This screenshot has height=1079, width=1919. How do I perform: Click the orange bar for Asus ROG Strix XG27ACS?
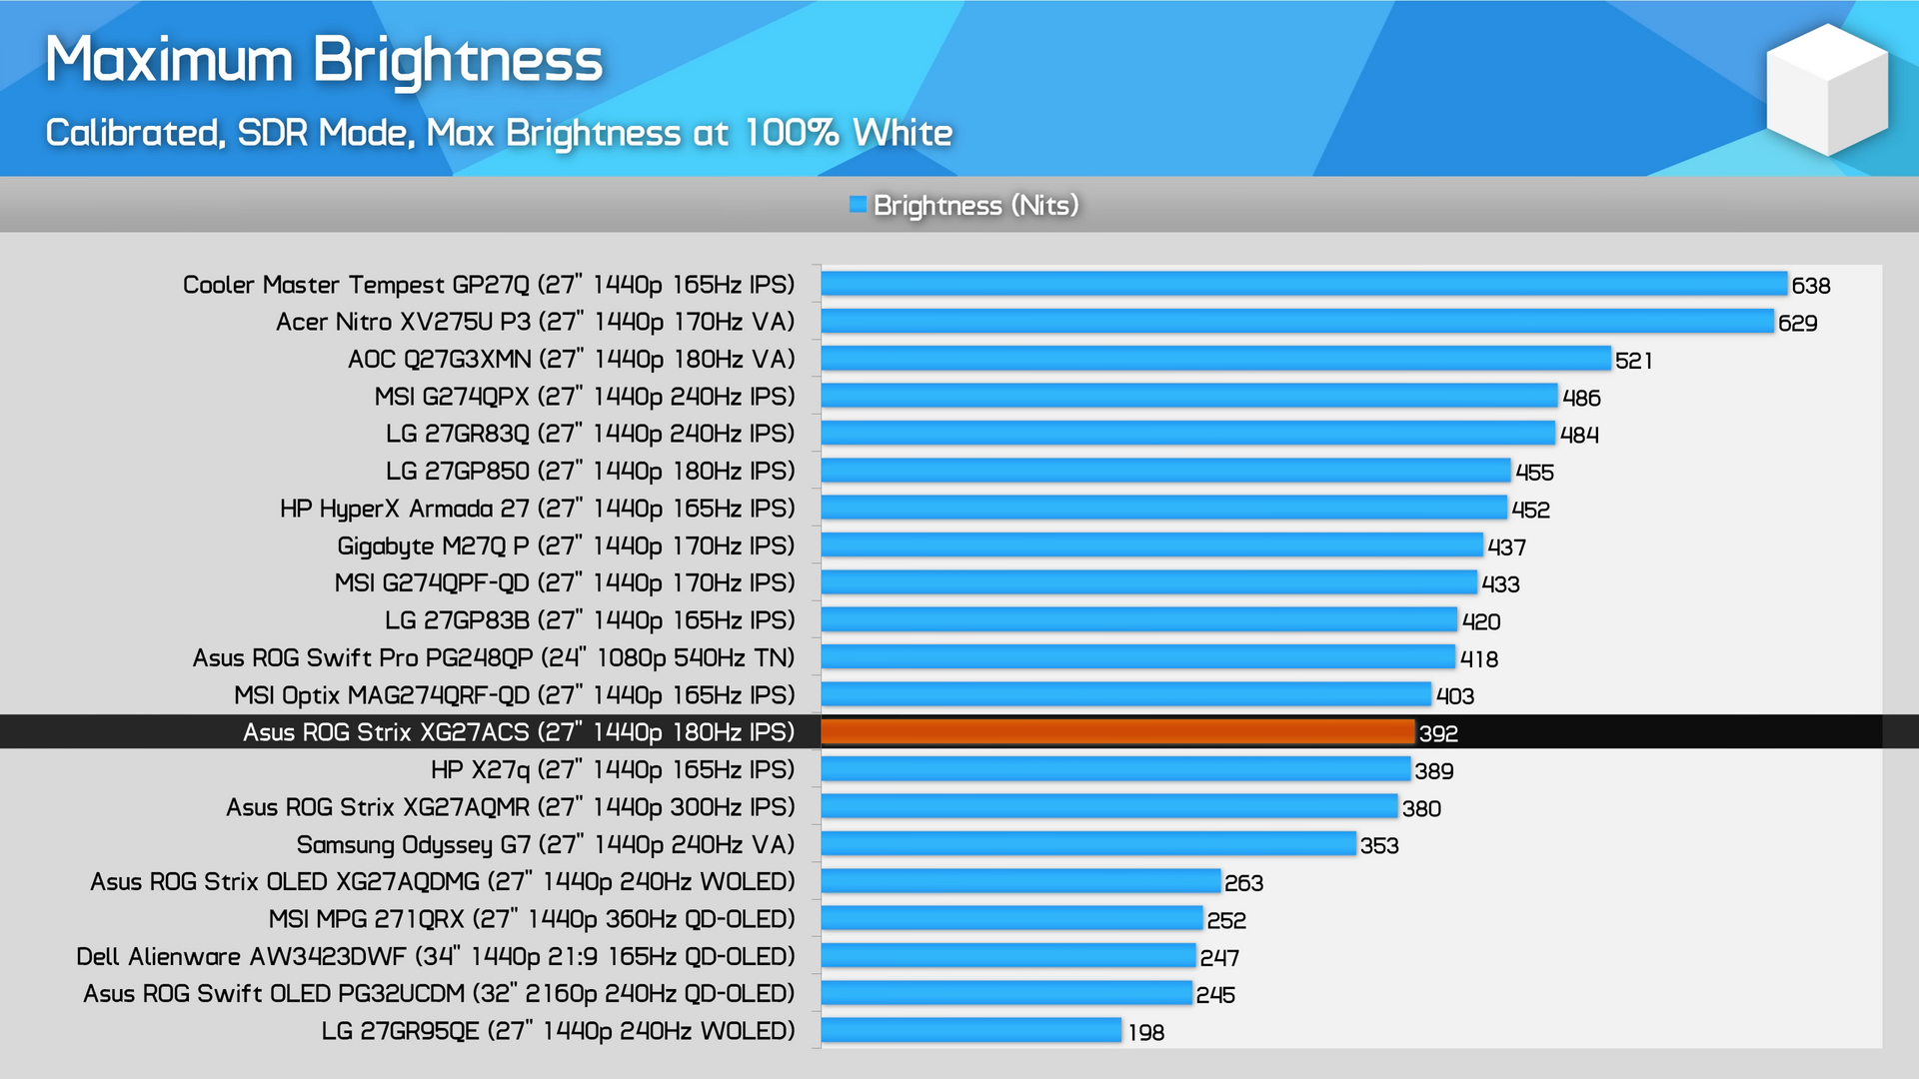tap(1117, 732)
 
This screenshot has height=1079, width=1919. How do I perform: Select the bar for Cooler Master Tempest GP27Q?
tap(1303, 285)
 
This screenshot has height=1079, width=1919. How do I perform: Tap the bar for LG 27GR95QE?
tap(970, 1030)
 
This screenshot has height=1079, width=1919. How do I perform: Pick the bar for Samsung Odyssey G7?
tap(1087, 844)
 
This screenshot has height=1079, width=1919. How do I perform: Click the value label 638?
tap(1810, 286)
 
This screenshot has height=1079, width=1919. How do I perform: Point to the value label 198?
tap(1145, 1032)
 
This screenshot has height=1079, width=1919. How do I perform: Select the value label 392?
tap(1438, 733)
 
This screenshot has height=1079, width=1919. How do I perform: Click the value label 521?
tap(1633, 361)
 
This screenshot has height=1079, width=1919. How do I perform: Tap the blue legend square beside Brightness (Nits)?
tap(857, 205)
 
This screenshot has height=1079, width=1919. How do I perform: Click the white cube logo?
tap(1826, 90)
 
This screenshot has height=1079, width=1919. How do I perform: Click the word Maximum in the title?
tap(169, 60)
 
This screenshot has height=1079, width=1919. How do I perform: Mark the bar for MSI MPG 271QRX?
tap(1011, 918)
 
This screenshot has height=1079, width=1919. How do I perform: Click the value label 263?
tap(1243, 883)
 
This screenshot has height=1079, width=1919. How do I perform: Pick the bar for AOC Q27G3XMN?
tap(1215, 359)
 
